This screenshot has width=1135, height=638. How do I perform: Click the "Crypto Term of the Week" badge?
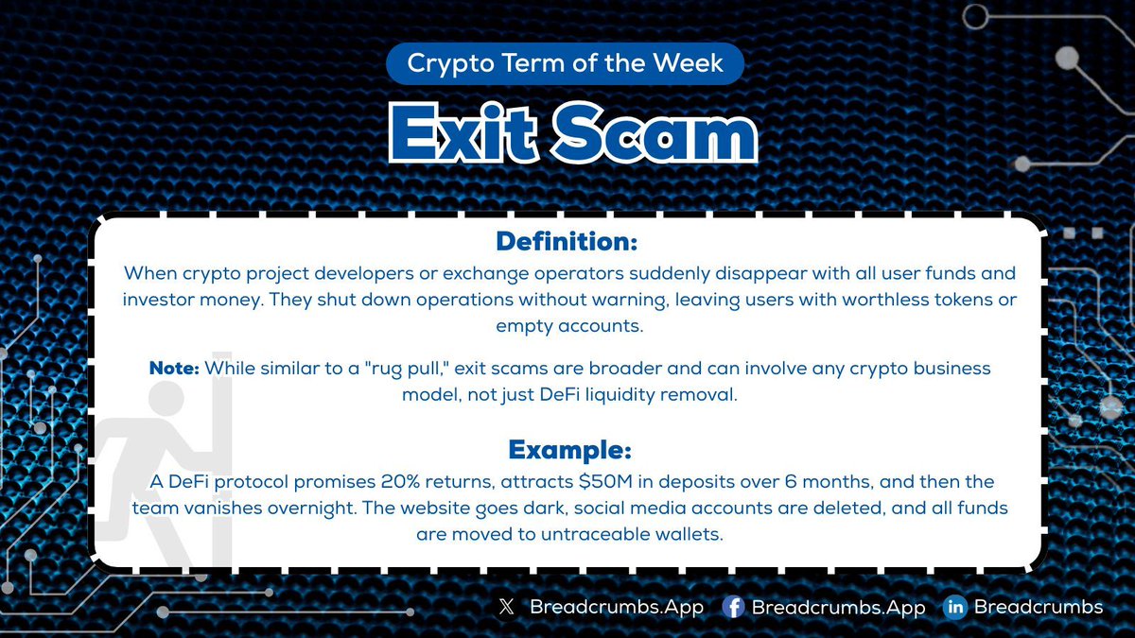point(565,63)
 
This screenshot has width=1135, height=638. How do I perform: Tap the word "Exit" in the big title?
point(463,136)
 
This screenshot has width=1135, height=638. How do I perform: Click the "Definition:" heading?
point(567,241)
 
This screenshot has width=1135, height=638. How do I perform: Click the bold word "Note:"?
point(174,369)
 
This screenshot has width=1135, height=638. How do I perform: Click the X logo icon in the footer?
point(505,608)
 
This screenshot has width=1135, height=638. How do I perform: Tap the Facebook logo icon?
point(732,608)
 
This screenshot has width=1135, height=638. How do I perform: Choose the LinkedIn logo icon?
point(954,608)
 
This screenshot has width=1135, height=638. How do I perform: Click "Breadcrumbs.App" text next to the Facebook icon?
point(838,608)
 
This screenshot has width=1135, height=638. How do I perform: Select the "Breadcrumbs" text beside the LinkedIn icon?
point(1038,608)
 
